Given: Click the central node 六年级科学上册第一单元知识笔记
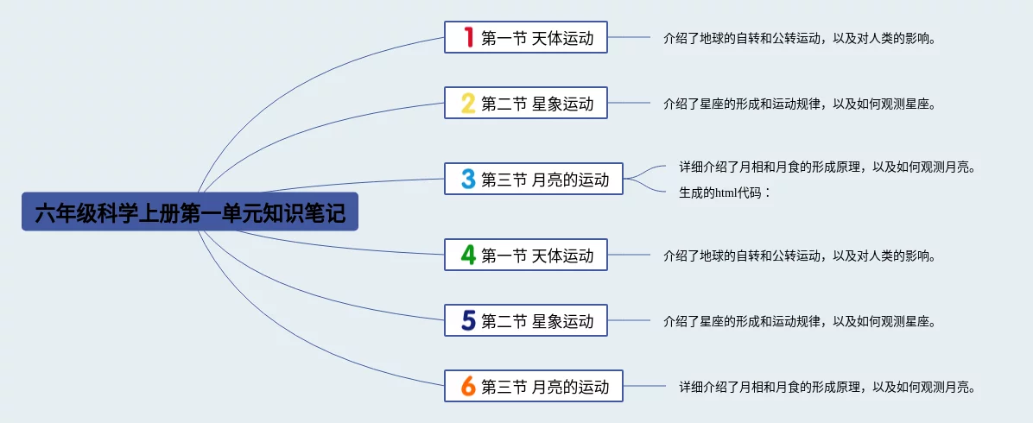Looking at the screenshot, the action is point(190,212).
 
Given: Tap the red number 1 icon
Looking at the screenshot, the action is point(468,37).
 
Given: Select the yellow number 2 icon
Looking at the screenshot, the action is point(468,104).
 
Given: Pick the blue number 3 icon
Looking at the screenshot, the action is point(468,179).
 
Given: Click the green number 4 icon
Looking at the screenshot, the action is point(468,255).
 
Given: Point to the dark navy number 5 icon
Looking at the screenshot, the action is point(468,321).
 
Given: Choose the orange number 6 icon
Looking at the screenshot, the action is point(468,387).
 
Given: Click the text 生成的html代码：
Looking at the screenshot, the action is point(724,193).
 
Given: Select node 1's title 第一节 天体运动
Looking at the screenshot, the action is point(537,38).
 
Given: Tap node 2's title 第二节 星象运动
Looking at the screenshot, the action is point(537,104).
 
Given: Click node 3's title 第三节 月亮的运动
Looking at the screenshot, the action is point(545,180).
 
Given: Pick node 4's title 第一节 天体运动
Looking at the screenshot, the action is point(537,256).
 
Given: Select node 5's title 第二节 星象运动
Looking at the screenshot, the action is point(537,321).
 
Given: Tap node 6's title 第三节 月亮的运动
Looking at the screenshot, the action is point(545,387).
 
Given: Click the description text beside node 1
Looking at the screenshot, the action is point(800,38).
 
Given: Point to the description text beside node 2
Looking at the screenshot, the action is point(800,104).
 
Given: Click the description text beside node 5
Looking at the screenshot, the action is point(800,321).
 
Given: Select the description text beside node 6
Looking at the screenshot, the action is point(827,387).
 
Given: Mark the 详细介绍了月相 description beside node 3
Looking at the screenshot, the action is point(827,167).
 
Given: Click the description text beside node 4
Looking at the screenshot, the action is point(800,256).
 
